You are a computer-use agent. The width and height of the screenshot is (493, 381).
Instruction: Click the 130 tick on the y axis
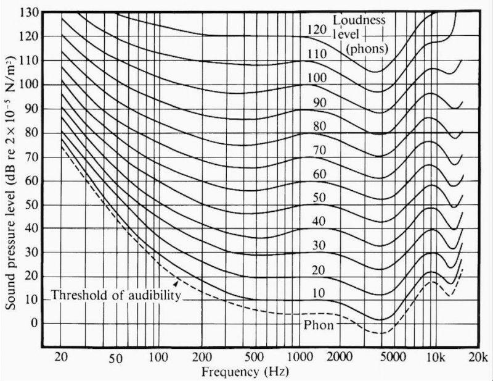30,12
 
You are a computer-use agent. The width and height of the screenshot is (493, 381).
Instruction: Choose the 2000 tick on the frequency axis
340,358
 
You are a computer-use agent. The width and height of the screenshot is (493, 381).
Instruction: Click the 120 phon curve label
316,30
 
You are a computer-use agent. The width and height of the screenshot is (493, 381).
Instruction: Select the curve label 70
319,149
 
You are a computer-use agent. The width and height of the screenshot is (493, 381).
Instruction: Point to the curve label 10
319,293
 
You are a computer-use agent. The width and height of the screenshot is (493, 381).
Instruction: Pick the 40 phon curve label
319,221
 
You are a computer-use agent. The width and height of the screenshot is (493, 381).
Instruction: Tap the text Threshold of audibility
116,295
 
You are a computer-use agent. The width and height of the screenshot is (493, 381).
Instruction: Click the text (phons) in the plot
368,48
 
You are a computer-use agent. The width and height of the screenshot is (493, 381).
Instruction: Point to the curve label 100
316,78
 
